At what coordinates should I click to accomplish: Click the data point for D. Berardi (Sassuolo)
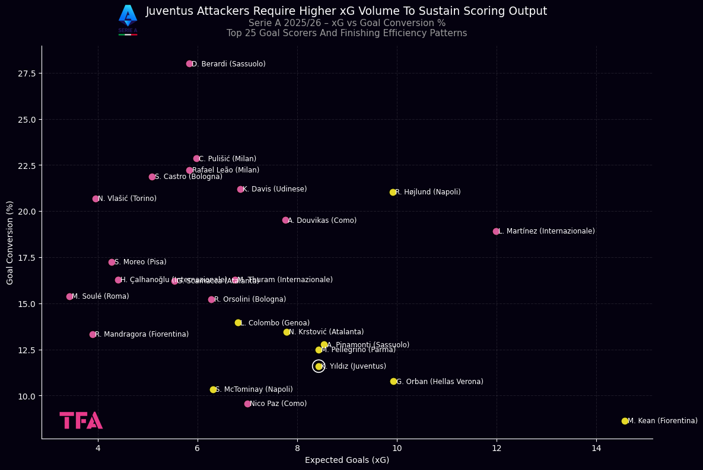[x=189, y=63]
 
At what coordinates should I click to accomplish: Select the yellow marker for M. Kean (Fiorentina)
[x=625, y=421]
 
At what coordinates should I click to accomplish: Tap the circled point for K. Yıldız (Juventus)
[x=319, y=366]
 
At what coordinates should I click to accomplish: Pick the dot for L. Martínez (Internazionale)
[x=496, y=231]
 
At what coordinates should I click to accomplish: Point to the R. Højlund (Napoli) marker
[x=393, y=192]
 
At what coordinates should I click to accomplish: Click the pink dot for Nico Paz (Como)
[x=247, y=404]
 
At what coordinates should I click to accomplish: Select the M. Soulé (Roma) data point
[x=69, y=296]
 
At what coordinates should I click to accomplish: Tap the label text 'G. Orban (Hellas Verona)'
[x=440, y=382]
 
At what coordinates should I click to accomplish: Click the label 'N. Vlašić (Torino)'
[x=127, y=199]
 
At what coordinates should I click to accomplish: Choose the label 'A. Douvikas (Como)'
[x=322, y=220]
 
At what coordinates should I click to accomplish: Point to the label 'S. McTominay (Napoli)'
[x=254, y=389]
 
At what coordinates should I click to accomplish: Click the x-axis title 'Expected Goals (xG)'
[x=347, y=461]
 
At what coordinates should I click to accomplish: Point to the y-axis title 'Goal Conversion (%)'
[x=10, y=242]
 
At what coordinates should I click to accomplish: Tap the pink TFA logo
[x=81, y=420]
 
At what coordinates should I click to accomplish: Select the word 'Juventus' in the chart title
[x=168, y=11]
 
